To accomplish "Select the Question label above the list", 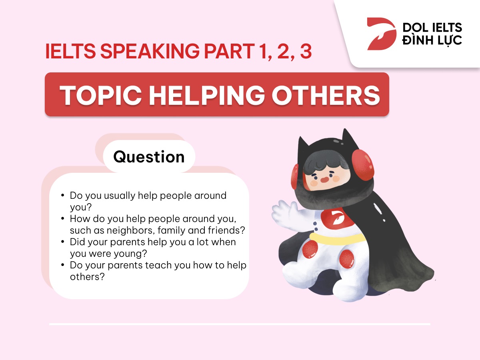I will (149, 156).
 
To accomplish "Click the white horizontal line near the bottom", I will (240, 324).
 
